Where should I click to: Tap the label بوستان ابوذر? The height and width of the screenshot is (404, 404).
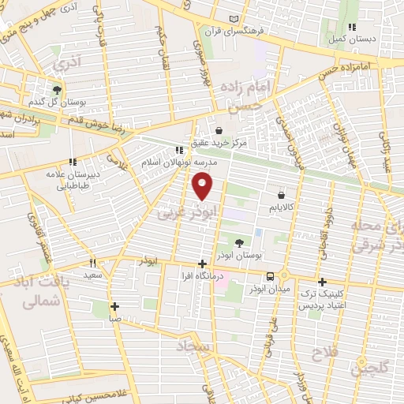point(241,256)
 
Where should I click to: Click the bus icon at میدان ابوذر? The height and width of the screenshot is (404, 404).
point(271,276)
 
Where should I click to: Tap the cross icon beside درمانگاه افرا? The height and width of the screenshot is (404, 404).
point(203,264)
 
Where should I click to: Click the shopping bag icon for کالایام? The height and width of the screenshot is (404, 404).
point(281,193)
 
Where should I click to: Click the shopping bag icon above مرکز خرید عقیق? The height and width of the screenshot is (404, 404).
point(219,131)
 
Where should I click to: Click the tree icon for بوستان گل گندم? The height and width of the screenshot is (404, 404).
point(57,90)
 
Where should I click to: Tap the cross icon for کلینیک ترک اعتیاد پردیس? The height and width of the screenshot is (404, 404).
point(321,282)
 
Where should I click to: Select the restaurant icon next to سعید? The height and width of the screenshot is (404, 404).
point(92,263)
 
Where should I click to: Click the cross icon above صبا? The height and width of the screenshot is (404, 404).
point(115,306)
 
